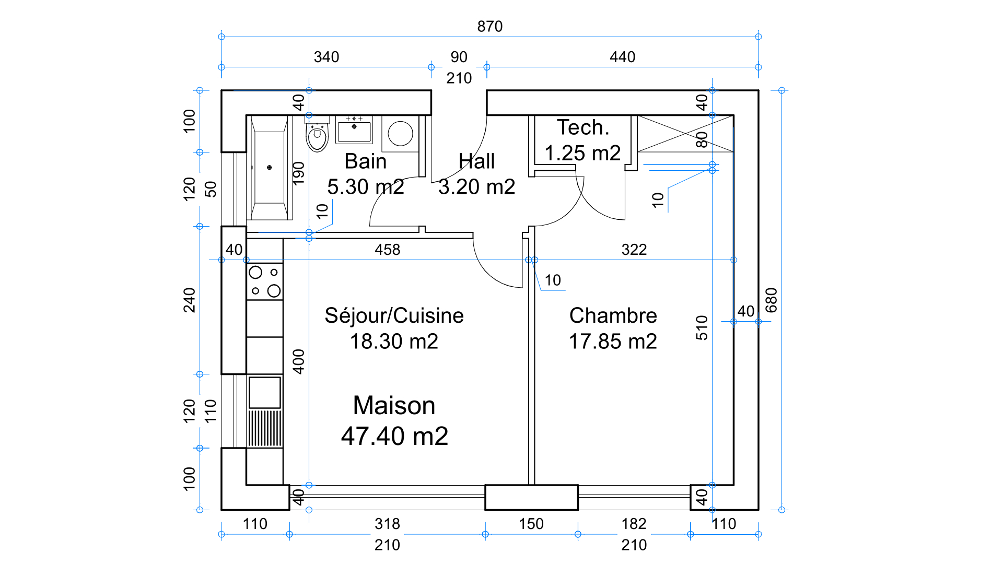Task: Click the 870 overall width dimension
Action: click(489, 26)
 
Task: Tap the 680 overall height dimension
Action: click(771, 300)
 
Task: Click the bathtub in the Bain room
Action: click(269, 168)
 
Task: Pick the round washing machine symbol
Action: click(401, 134)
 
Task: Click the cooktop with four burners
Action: click(265, 281)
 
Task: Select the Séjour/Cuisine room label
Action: click(394, 315)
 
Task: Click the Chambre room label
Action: click(613, 315)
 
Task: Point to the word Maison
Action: click(394, 405)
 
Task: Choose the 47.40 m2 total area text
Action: click(394, 436)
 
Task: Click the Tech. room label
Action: click(582, 127)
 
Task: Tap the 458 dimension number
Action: click(387, 250)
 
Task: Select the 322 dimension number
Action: click(634, 250)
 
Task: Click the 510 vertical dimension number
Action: click(702, 327)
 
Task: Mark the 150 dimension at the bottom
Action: click(531, 524)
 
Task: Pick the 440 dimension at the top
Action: click(622, 57)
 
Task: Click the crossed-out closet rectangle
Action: click(685, 134)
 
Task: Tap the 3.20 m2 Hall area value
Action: click(476, 187)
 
